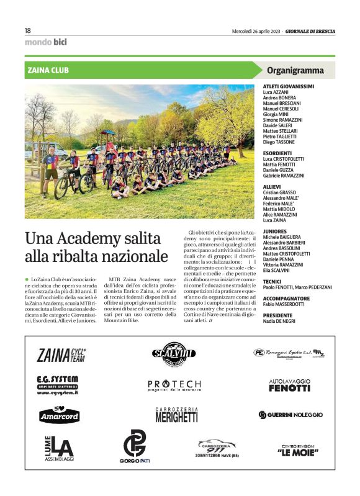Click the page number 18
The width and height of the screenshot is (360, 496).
[x=28, y=30]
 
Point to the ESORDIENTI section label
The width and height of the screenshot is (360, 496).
[x=277, y=153]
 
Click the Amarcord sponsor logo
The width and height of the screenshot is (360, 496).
[x=59, y=415]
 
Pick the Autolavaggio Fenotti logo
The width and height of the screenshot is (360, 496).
[x=289, y=385]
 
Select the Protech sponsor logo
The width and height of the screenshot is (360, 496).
[x=174, y=385]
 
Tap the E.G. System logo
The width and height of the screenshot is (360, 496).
[x=57, y=384]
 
